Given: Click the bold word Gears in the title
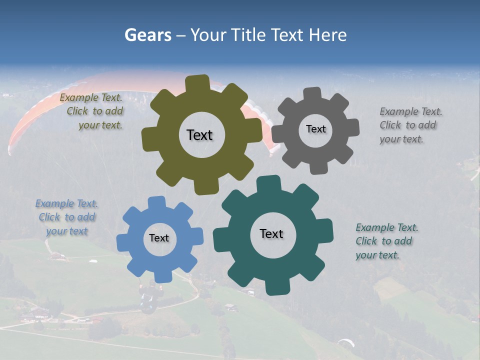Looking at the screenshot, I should (x=147, y=35).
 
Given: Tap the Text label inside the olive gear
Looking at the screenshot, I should (x=199, y=135).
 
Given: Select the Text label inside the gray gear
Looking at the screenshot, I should (x=315, y=129).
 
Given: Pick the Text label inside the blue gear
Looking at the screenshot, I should (x=159, y=238).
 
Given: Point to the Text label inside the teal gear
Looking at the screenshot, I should (x=271, y=233).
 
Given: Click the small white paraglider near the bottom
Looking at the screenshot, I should (x=346, y=343).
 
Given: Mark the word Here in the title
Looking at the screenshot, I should (x=328, y=35).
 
